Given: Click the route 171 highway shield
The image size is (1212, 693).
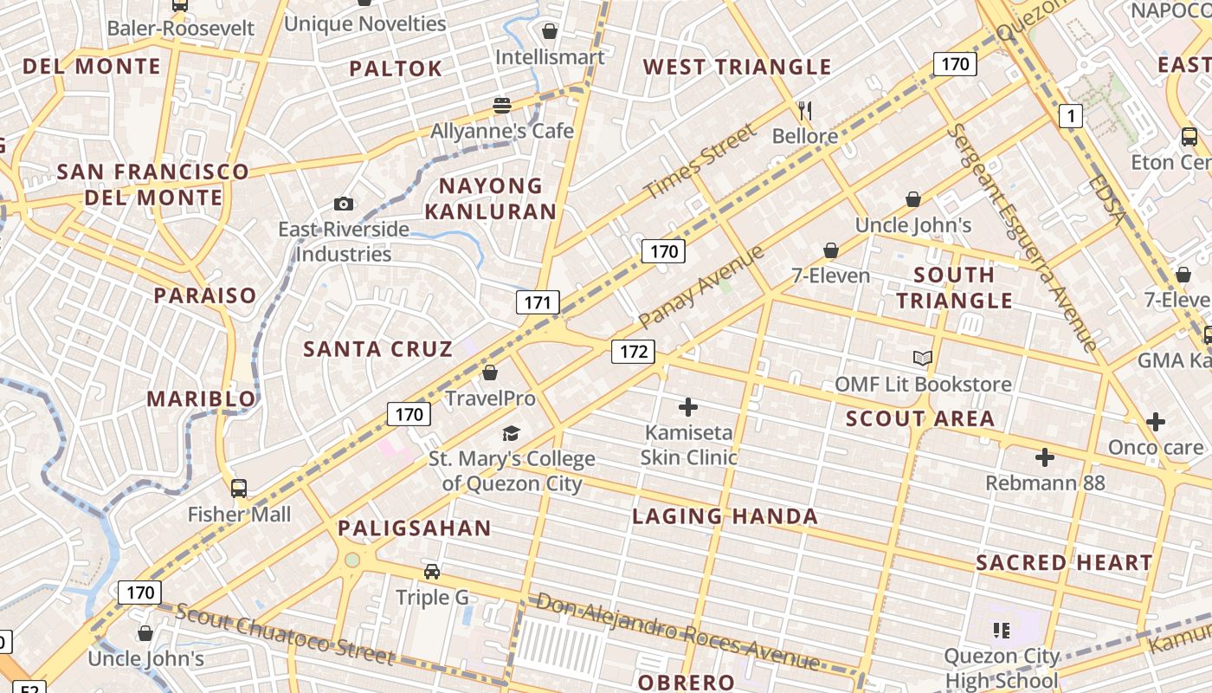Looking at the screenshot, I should (538, 302).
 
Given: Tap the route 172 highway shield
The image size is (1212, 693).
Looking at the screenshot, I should (634, 351).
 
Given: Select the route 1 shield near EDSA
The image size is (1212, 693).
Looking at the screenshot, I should (1071, 115).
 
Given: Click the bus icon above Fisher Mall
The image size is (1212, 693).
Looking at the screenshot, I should (239, 489).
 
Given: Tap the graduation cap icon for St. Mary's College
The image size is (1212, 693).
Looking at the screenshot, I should (512, 433).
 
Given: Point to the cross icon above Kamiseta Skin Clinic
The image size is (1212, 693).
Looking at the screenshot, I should (688, 406).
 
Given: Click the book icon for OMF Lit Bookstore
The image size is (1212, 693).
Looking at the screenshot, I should (923, 358).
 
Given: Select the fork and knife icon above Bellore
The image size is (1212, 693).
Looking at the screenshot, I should (805, 110).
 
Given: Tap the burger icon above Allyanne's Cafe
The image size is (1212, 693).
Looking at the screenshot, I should (502, 106).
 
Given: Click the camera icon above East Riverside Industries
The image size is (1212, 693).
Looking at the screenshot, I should (344, 204).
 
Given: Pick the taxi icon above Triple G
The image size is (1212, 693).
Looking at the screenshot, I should (431, 572).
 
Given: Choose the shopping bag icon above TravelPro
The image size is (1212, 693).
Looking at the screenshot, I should (490, 372).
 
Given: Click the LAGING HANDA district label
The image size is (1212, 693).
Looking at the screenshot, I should (725, 517).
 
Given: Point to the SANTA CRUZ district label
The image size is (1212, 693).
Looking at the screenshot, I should (377, 349).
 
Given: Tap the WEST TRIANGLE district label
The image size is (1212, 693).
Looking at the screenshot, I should (737, 67).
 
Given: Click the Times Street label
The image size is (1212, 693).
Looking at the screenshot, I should (700, 161).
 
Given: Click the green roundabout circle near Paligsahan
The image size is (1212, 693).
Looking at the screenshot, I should (351, 560).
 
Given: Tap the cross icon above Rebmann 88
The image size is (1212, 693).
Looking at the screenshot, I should (1045, 457).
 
